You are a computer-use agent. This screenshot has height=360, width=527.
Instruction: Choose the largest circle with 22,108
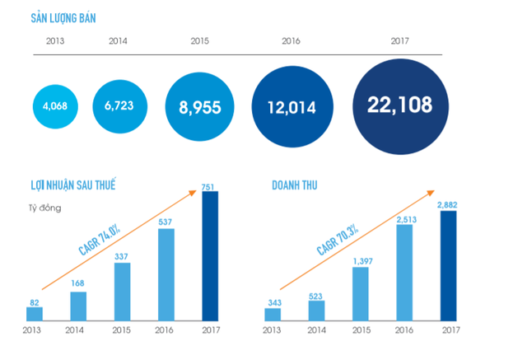399,105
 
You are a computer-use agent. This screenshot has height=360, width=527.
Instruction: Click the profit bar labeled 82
35,313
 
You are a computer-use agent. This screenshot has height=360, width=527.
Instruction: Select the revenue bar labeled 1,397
361,292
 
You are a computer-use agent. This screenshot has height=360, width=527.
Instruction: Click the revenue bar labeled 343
273,314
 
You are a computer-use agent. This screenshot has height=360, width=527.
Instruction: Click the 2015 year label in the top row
198,40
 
